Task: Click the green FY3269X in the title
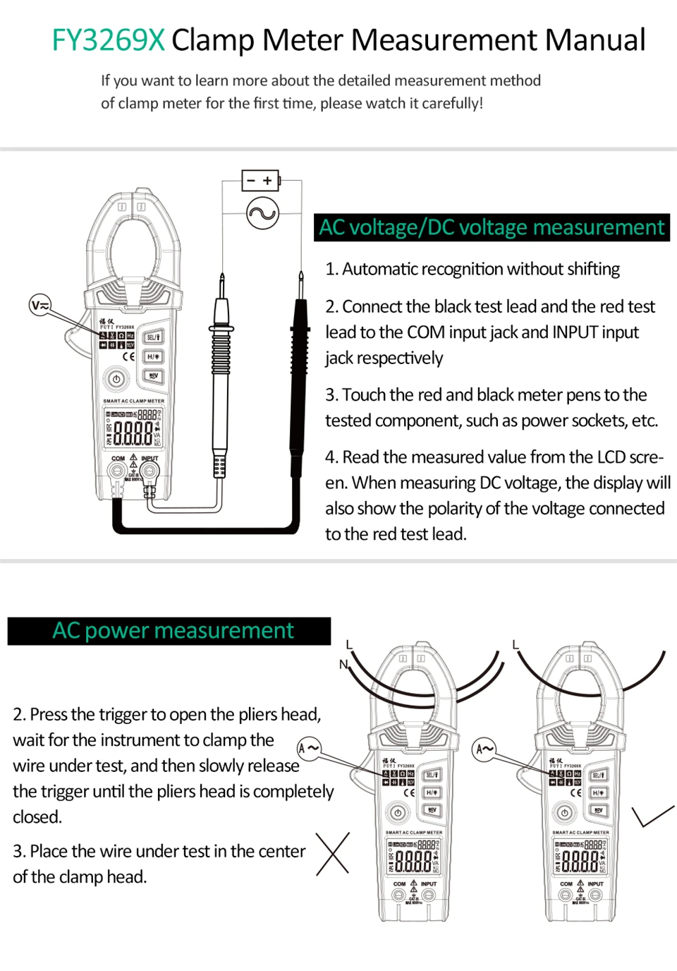[108, 40]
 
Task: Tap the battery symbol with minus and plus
[260, 181]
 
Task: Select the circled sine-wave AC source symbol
[262, 214]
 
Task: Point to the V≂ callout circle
[40, 306]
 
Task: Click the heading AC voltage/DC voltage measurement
[492, 227]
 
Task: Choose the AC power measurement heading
[173, 630]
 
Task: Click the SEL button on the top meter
[153, 337]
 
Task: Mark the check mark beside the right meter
[652, 816]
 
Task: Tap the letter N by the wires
[343, 664]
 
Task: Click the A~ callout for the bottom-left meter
[309, 748]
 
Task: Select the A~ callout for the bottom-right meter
[484, 749]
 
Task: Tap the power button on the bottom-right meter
[564, 813]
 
